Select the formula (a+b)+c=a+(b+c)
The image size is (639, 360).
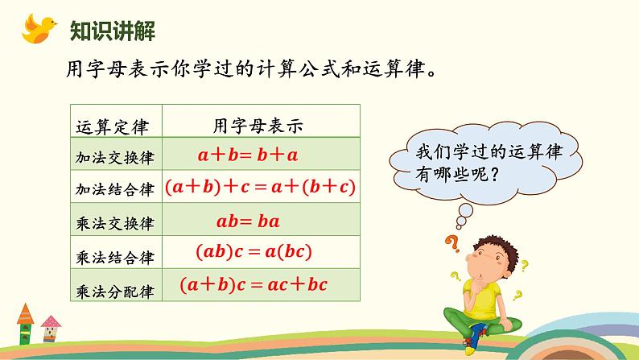point(260,188)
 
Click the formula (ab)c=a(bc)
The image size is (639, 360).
point(253,252)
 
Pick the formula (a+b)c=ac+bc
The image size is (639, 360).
point(254,283)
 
